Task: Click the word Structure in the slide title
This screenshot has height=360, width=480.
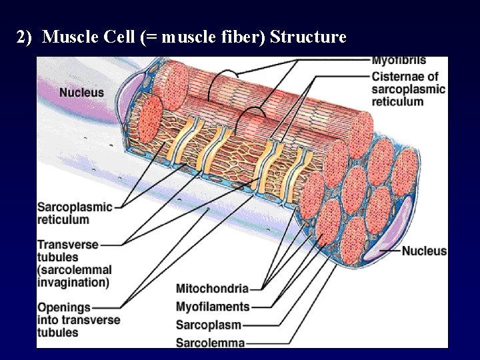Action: (308, 37)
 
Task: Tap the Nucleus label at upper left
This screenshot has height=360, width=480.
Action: (81, 92)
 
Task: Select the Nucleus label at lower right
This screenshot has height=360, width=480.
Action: (424, 251)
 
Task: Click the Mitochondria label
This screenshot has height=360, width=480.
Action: (212, 289)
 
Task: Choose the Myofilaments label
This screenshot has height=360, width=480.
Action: (213, 307)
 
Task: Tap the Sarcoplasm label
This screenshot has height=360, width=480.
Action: (208, 325)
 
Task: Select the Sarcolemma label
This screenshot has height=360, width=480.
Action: (210, 343)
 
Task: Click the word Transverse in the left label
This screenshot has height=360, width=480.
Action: (68, 245)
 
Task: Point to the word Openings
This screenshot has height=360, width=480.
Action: (64, 307)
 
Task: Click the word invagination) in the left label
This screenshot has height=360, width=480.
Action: (73, 282)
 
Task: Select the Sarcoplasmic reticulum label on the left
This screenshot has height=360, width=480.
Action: (75, 213)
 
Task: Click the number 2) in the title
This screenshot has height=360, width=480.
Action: (24, 37)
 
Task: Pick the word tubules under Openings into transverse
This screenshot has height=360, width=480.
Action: (58, 332)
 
